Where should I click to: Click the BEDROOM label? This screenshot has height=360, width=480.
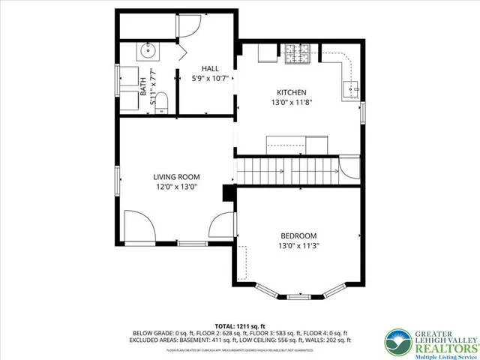[x=298, y=235]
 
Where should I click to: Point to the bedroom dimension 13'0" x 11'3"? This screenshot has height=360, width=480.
[x=298, y=245]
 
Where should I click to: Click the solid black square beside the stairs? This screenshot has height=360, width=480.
[x=229, y=193]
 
